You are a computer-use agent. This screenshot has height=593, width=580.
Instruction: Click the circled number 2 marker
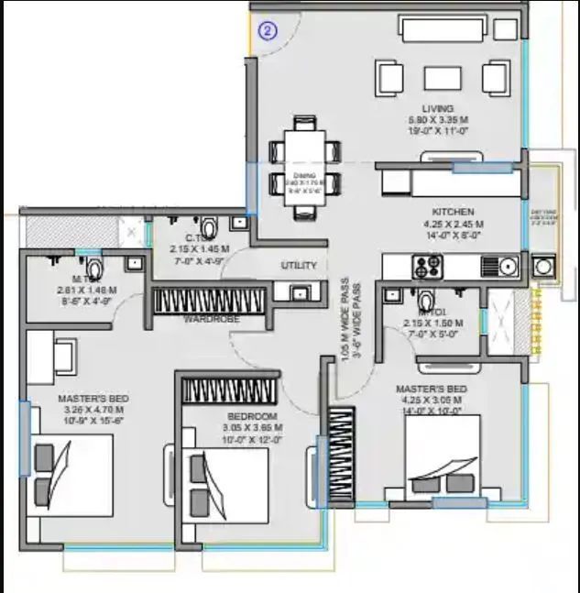tap(268, 31)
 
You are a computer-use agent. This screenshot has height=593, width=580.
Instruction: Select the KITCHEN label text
tap(453, 212)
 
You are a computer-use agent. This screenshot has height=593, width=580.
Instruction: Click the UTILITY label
tap(299, 266)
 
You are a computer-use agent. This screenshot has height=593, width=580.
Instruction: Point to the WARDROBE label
tap(212, 320)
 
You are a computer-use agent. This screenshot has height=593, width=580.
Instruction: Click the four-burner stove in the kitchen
tap(427, 267)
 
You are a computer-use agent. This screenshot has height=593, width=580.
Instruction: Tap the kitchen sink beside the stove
tap(499, 267)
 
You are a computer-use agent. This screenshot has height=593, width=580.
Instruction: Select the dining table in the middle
tap(304, 166)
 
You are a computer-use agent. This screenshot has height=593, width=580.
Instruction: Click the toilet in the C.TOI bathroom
tap(209, 225)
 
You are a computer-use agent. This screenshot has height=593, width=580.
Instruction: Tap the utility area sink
tap(298, 292)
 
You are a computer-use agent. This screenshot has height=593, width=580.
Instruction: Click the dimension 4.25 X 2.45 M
tap(453, 224)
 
